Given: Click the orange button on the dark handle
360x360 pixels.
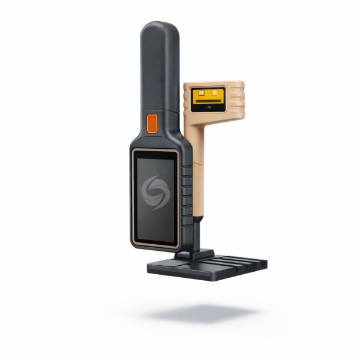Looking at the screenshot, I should pyautogui.click(x=152, y=122).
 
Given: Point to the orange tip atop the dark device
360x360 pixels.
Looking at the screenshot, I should pyautogui.click(x=163, y=23).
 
